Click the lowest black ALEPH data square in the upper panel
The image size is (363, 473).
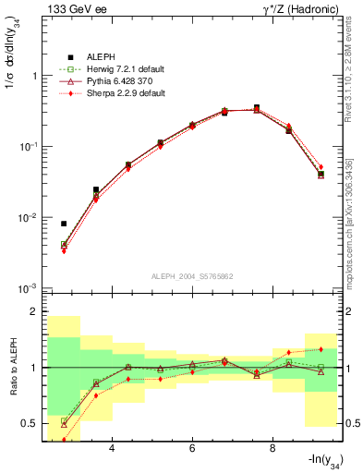pyautogui.click(x=64, y=224)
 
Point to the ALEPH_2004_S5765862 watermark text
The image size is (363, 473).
pyautogui.click(x=192, y=276)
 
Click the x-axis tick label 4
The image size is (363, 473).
pyautogui.click(x=112, y=448)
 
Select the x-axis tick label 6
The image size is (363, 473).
pyautogui.click(x=192, y=448)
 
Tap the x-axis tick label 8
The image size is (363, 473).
pyautogui.click(x=272, y=448)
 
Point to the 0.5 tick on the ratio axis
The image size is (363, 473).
pyautogui.click(x=34, y=423)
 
